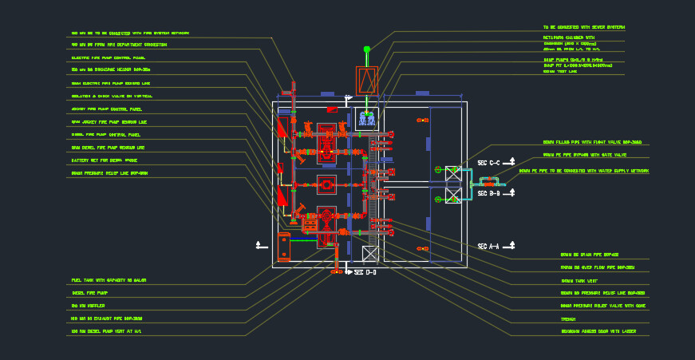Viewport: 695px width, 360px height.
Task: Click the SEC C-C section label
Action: pyautogui.click(x=488, y=163)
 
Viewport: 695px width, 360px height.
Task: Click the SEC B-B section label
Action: pyautogui.click(x=488, y=193)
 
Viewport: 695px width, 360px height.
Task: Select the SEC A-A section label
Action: pyautogui.click(x=488, y=246)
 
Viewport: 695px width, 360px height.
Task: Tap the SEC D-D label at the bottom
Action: pyautogui.click(x=365, y=273)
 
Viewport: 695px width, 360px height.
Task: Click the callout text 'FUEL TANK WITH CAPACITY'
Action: pyautogui.click(x=109, y=280)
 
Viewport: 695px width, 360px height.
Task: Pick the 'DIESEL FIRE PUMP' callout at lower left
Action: pyautogui.click(x=89, y=293)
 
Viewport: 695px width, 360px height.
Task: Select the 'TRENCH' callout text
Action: pyautogui.click(x=568, y=318)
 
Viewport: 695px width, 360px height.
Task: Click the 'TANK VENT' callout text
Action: pyautogui.click(x=579, y=282)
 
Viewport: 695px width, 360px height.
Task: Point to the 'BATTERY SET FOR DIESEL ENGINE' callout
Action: pyautogui.click(x=104, y=160)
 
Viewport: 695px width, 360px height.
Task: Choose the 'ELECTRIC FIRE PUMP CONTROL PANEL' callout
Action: pyautogui.click(x=108, y=57)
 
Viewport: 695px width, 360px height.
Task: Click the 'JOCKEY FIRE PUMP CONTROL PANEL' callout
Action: pyautogui.click(x=106, y=109)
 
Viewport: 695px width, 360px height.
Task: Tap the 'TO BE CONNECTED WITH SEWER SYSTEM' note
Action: pyautogui.click(x=583, y=27)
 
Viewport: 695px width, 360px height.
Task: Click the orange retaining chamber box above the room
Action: pyautogui.click(x=366, y=81)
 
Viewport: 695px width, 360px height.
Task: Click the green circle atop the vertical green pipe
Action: pyautogui.click(x=367, y=49)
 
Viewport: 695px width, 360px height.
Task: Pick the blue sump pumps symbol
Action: pyautogui.click(x=367, y=119)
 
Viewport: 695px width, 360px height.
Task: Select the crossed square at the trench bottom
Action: pyautogui.click(x=369, y=254)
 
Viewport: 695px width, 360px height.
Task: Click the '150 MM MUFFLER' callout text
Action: pyautogui.click(x=89, y=306)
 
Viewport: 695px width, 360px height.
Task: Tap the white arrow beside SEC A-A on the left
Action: pyautogui.click(x=258, y=244)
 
